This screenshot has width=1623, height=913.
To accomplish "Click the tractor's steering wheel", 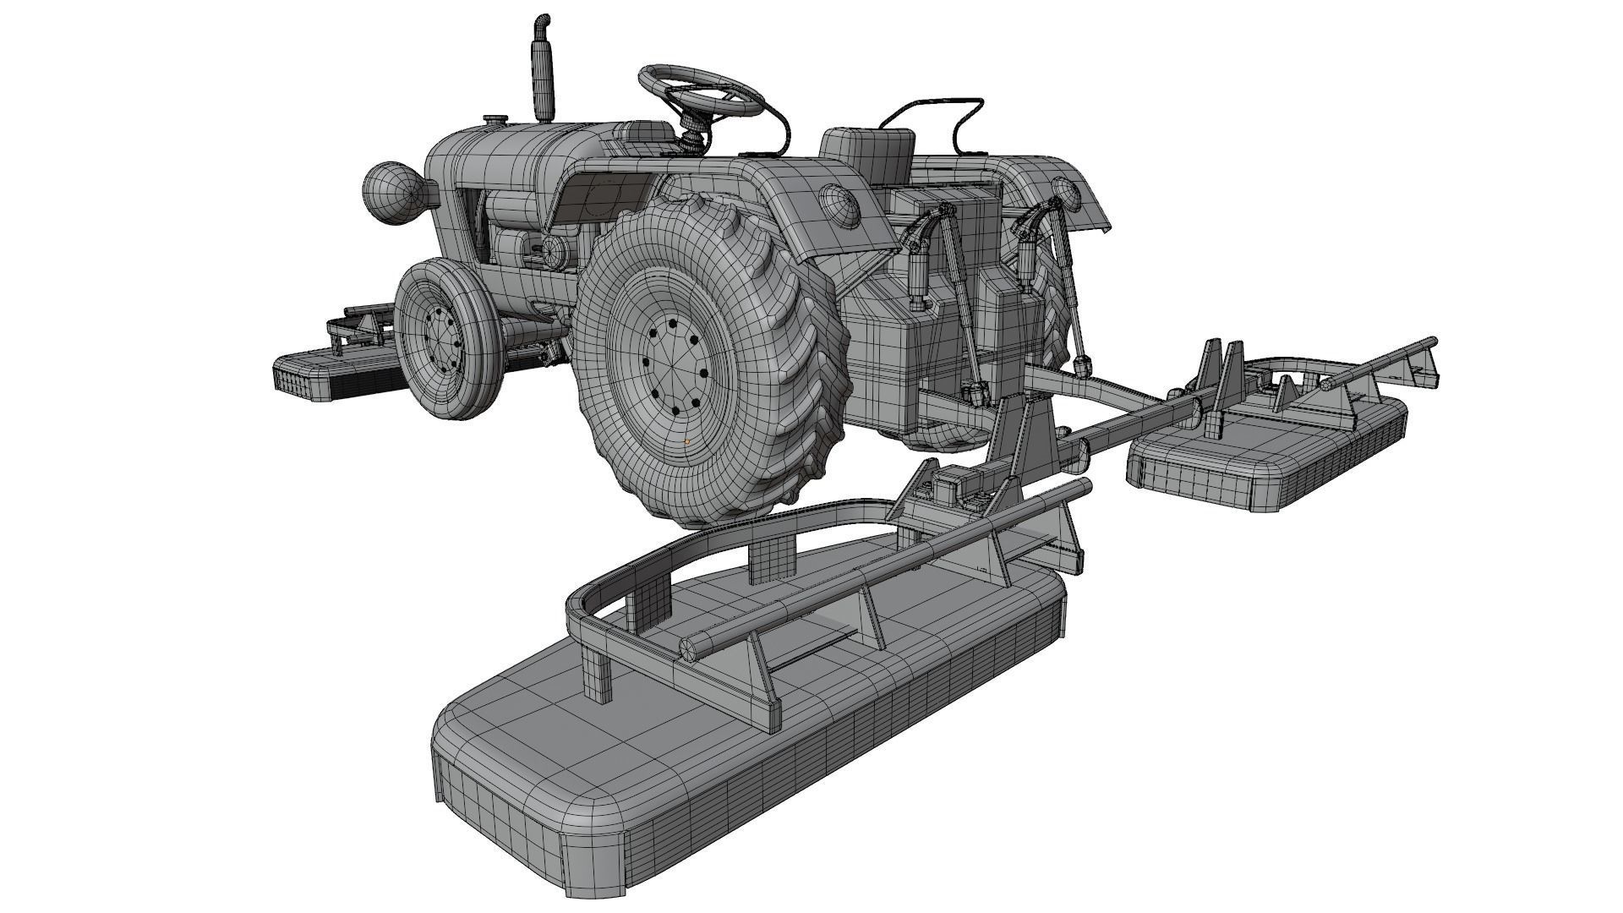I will pyautogui.click(x=702, y=89).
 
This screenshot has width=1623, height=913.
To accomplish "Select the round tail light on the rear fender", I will pyautogui.click(x=837, y=204).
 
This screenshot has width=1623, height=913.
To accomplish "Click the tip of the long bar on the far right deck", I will pyautogui.click(x=1431, y=343).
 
